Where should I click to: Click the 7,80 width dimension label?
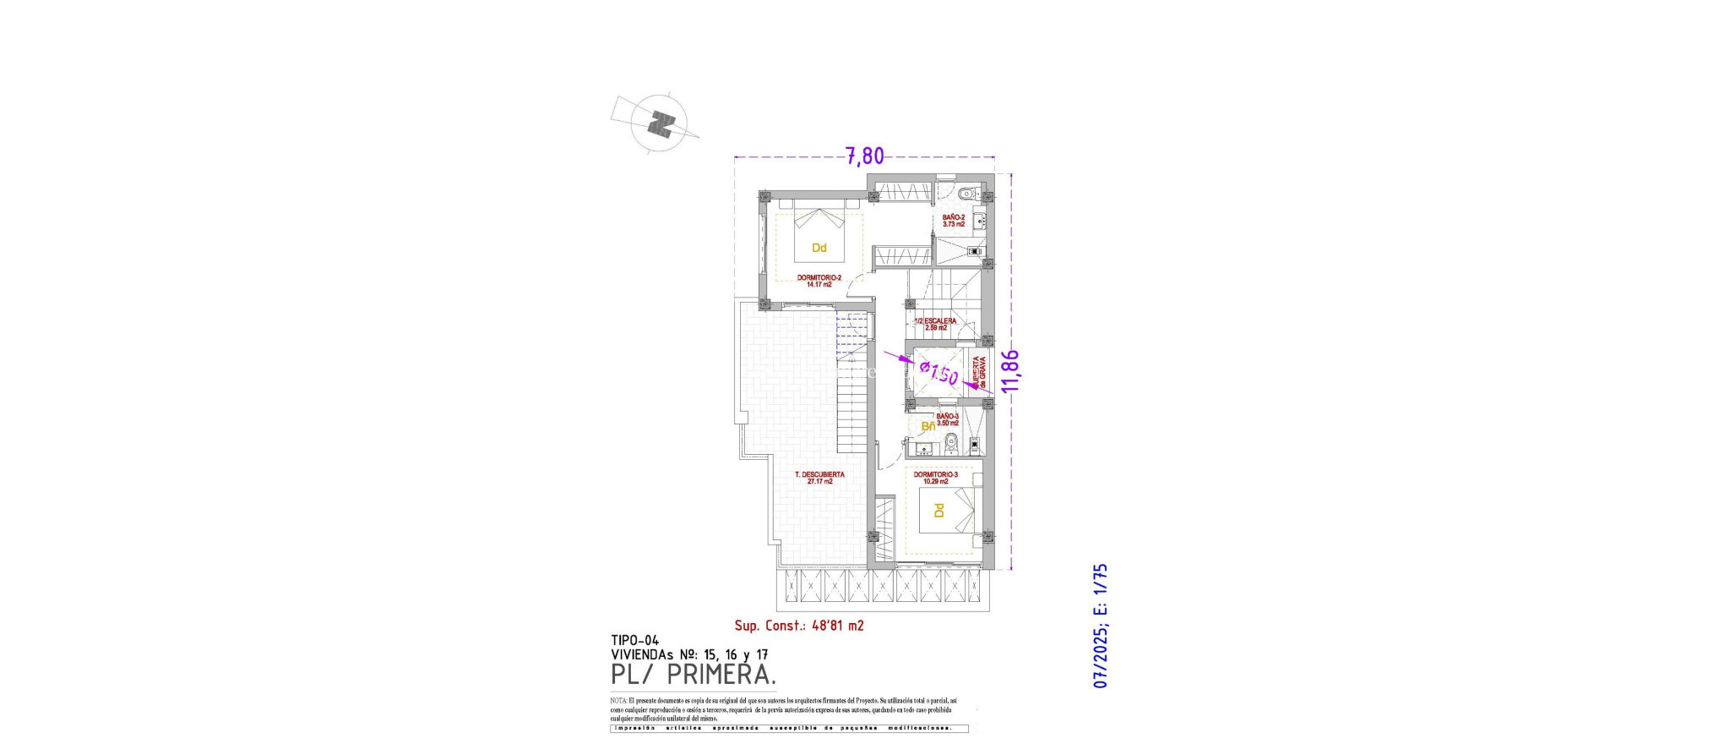click(865, 156)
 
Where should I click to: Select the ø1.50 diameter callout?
click(938, 373)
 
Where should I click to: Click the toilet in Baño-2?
click(968, 192)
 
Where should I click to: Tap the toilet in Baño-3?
click(951, 440)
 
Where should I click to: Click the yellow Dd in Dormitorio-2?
click(819, 248)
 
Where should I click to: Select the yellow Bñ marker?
click(928, 427)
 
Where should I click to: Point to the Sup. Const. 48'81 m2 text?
click(798, 626)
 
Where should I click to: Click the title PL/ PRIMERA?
click(693, 675)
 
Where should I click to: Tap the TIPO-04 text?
click(634, 641)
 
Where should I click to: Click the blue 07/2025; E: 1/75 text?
click(1100, 626)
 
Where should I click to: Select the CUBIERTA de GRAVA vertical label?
click(979, 373)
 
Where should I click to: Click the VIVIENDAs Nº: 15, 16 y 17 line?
click(689, 654)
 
